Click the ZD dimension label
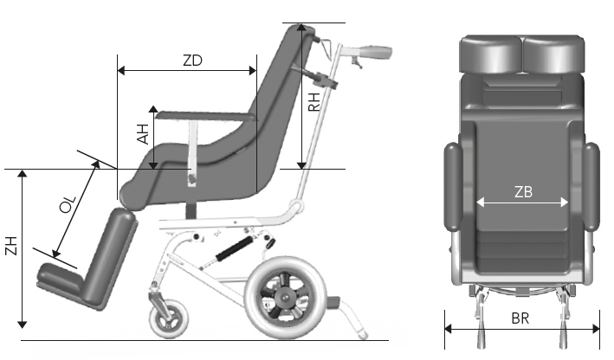coord(192,61)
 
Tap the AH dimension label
coord(143,134)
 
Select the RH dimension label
coord(314,102)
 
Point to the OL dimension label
coord(68,204)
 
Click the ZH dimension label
coord(11,246)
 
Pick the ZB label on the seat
coord(523,192)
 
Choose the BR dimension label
coord(520,318)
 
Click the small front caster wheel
coord(169,319)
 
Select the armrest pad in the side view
coord(206,116)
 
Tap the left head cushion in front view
coord(491,54)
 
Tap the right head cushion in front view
coord(553,54)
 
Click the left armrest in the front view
coord(453,186)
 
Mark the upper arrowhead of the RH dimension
coord(301,29)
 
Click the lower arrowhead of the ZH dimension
coord(23,323)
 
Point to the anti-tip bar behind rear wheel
coord(351,315)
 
